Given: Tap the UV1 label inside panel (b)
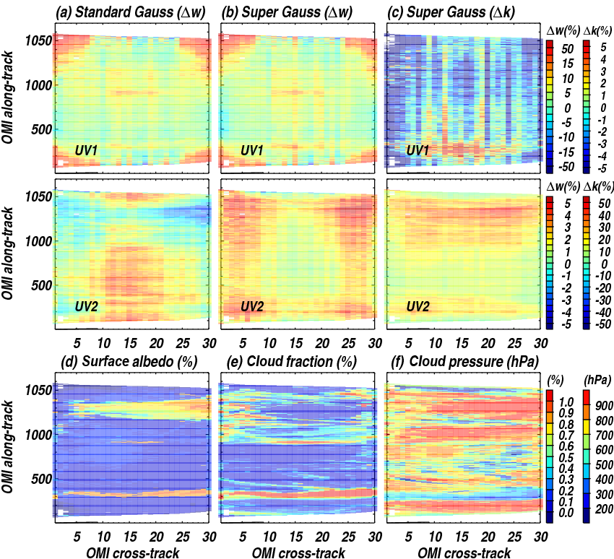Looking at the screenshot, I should [x=254, y=151].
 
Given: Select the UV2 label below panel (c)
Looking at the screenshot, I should [x=420, y=307].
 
